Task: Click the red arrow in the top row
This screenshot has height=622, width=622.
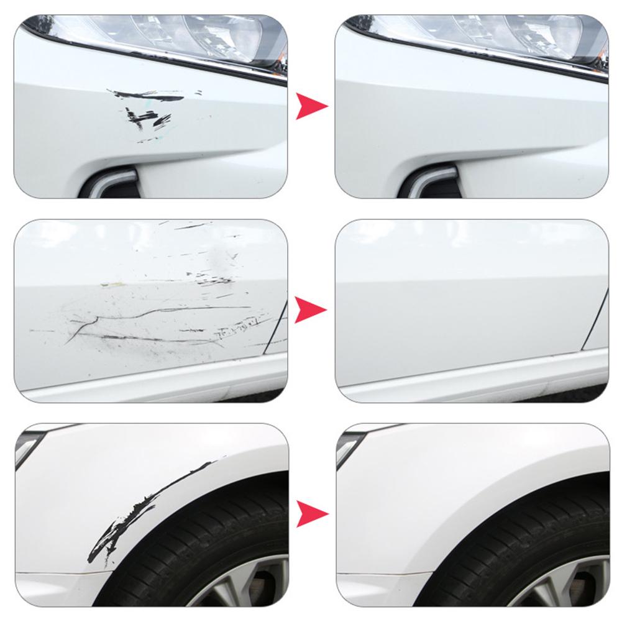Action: [311, 106]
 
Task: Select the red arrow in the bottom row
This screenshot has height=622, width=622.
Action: [311, 514]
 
